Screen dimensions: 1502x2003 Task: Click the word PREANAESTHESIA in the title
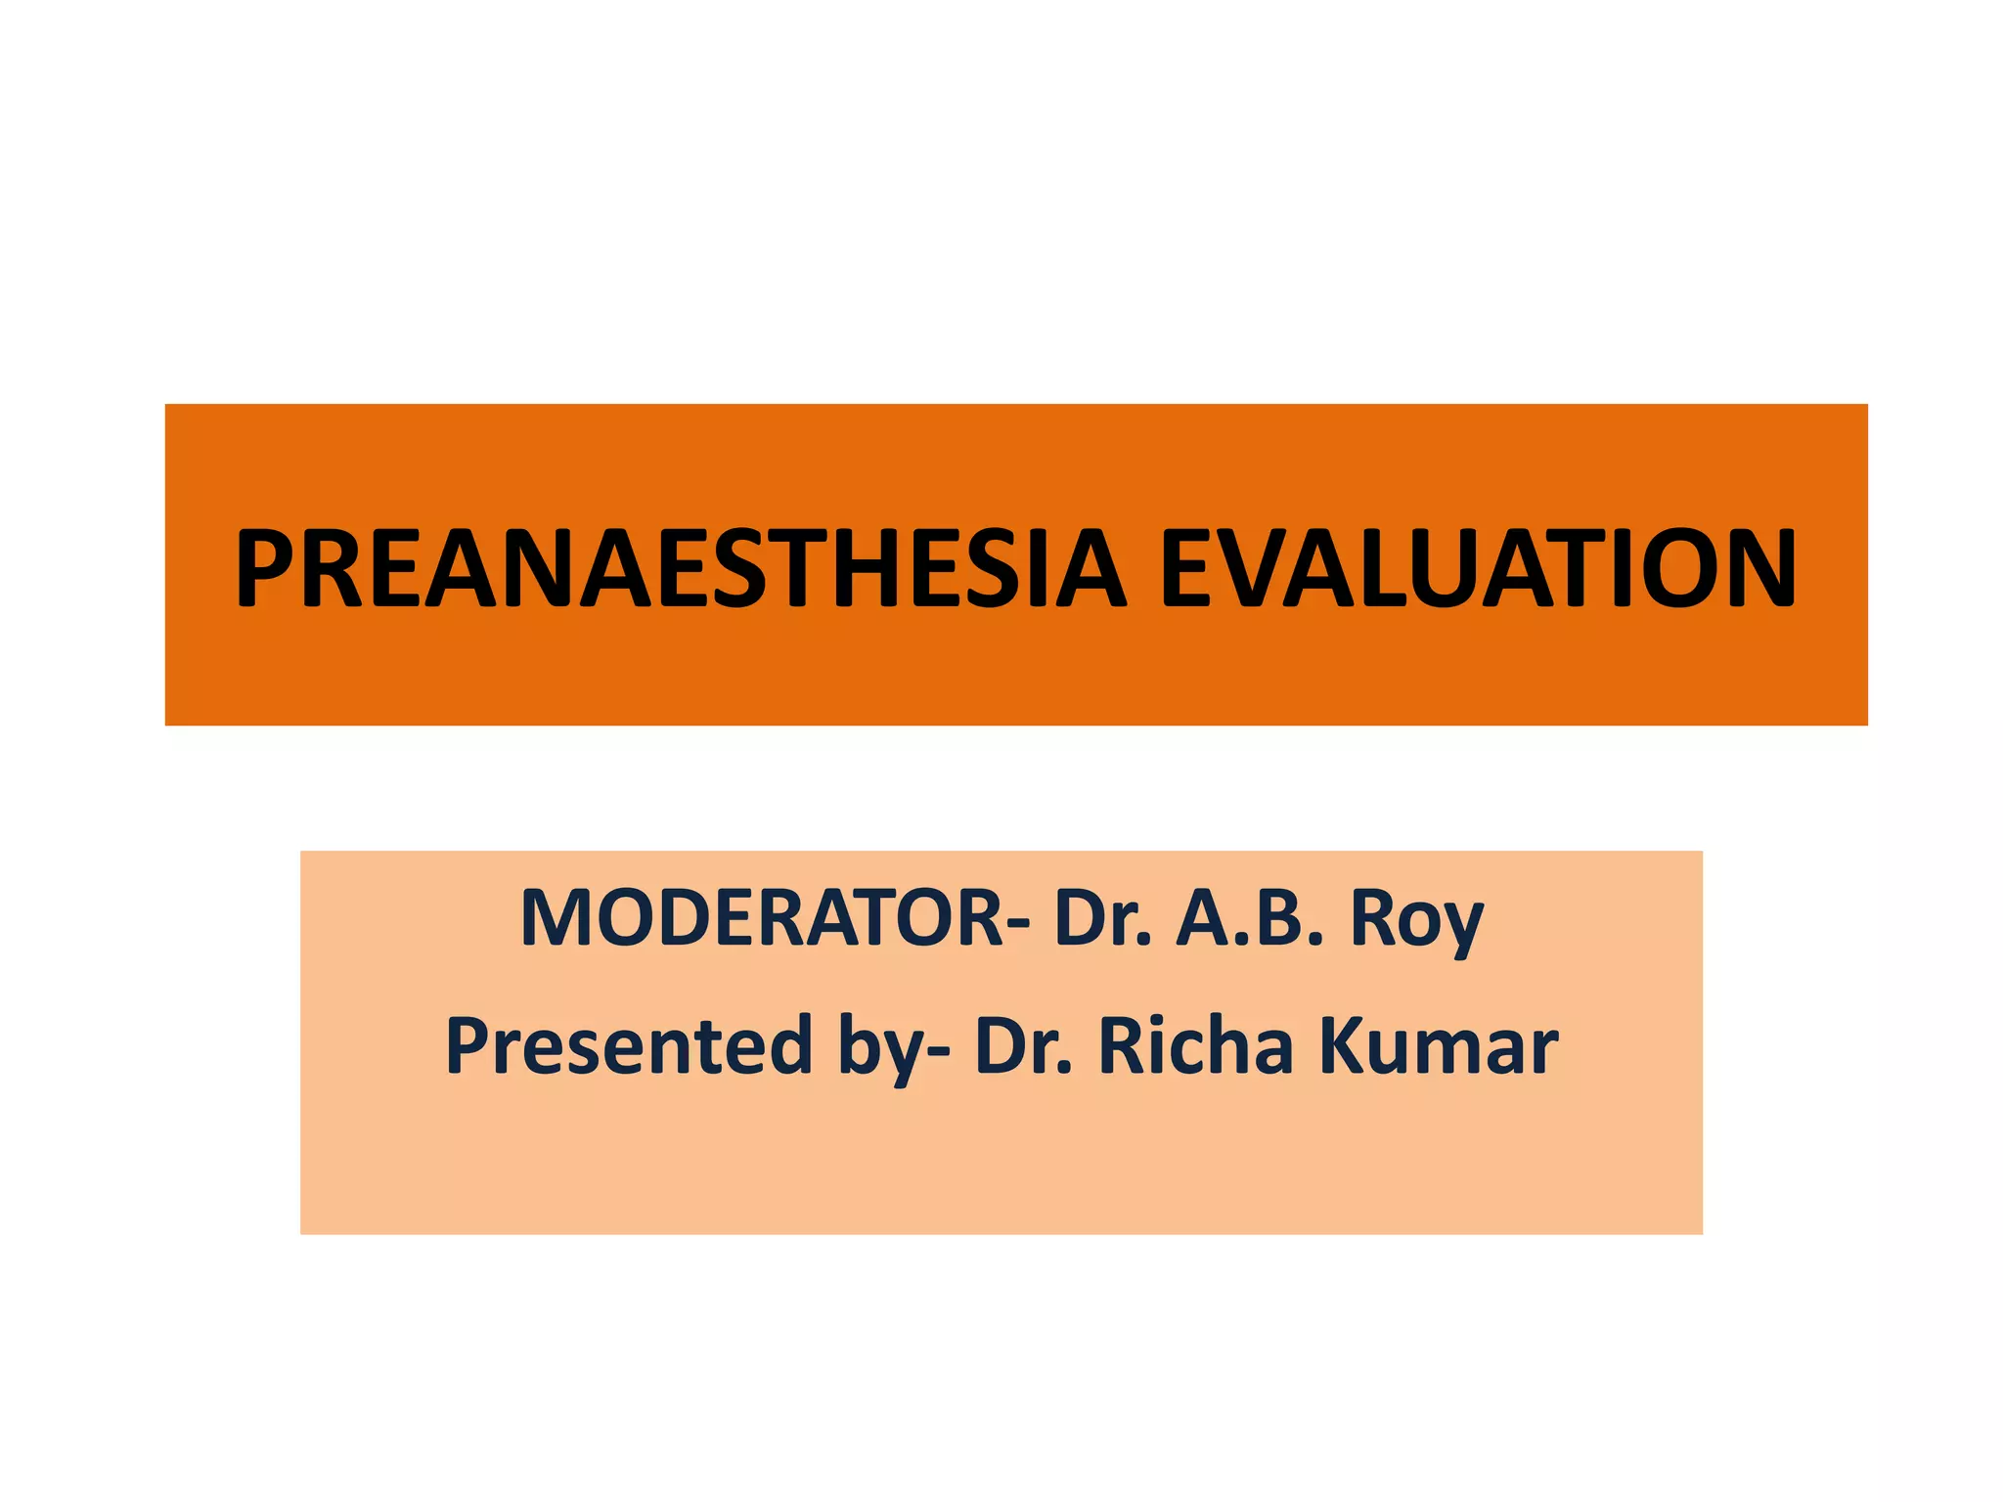(681, 569)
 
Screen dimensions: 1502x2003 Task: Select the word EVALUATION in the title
(1478, 569)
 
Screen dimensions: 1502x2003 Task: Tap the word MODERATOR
(761, 918)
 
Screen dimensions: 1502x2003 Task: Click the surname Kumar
(1438, 1045)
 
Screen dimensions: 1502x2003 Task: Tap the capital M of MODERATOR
(556, 918)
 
